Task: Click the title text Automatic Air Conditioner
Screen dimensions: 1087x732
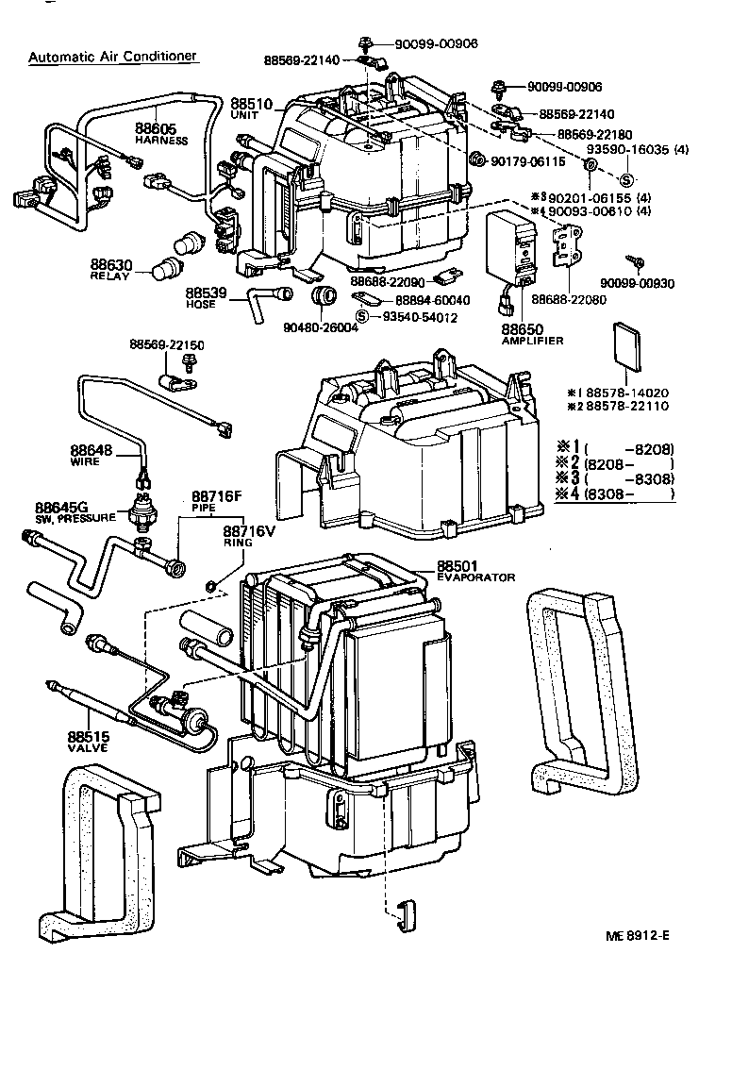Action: coord(112,56)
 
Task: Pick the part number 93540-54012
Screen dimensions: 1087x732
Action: coord(420,317)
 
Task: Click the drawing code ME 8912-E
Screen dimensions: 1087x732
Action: coord(642,935)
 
